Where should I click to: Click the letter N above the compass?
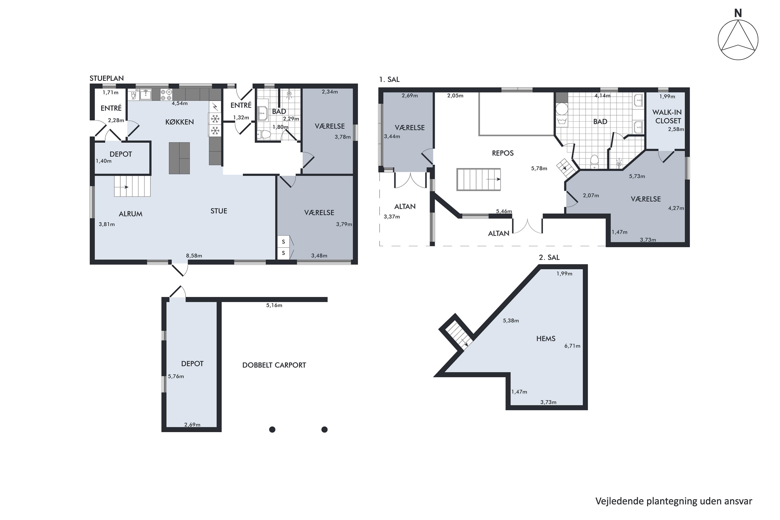(x=738, y=13)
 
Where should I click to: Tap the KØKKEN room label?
(x=179, y=122)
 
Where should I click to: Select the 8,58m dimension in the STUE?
(x=194, y=256)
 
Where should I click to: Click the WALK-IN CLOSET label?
(x=667, y=116)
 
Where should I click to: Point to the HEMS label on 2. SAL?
(x=545, y=339)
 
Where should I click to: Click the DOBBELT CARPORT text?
(x=274, y=365)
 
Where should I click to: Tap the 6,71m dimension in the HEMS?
(x=573, y=346)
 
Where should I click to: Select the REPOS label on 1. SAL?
(x=503, y=153)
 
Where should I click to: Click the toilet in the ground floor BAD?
(x=264, y=134)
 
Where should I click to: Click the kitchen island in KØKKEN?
(x=179, y=158)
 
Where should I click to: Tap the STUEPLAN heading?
(x=106, y=78)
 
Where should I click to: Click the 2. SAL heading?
(x=549, y=257)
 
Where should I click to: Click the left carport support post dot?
(x=272, y=430)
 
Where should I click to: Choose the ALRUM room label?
(x=131, y=214)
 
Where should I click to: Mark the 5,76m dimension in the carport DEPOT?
(x=176, y=376)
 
